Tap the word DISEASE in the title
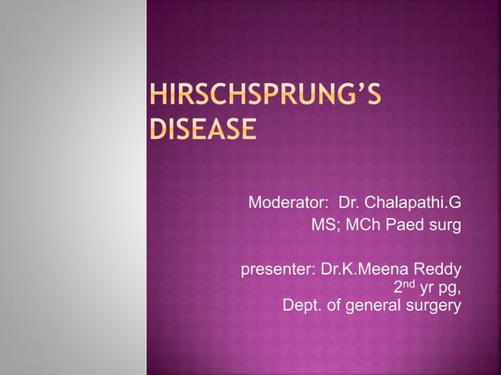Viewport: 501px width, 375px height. click(x=203, y=128)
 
